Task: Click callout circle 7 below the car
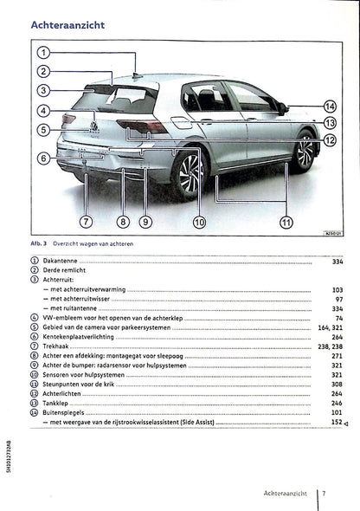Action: (x=85, y=222)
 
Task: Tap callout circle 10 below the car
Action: (x=199, y=222)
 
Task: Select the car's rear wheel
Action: (x=189, y=173)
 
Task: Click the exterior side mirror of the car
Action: (x=282, y=107)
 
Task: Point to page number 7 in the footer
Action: (x=323, y=494)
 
